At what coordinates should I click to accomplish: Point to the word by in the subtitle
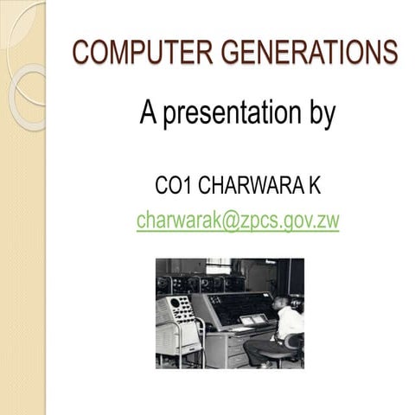(x=318, y=116)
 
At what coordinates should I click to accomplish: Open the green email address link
(x=238, y=220)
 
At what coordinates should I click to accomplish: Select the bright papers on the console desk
(x=253, y=319)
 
